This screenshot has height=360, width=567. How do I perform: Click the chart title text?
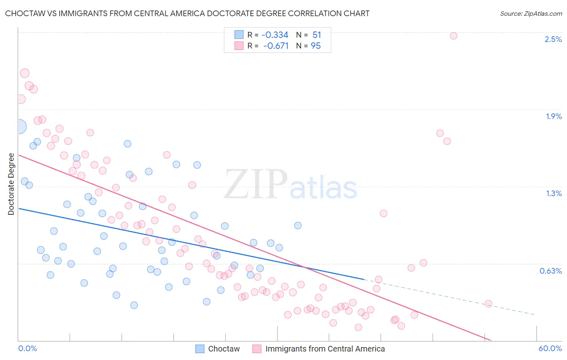tap(187, 13)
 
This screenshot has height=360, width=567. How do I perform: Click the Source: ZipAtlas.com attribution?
tap(531, 13)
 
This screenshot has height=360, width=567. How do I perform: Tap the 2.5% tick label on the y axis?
tap(553, 39)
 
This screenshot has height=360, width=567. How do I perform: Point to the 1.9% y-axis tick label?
tap(554, 116)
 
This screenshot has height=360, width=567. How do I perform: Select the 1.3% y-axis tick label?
tap(554, 193)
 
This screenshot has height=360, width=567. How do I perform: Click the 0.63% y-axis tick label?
tap(550, 271)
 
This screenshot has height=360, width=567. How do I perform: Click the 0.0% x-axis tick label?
tap(27, 348)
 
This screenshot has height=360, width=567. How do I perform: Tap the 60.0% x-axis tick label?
tap(550, 348)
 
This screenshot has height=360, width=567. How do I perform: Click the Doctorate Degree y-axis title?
tap(11, 184)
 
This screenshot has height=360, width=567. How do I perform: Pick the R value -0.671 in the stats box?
tap(276, 46)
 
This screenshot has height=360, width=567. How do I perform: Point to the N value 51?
tap(317, 35)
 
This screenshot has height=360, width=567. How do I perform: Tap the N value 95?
tap(316, 46)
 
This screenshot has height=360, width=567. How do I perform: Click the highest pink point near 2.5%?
tap(453, 36)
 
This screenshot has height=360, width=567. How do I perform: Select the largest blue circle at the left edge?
tap(19, 127)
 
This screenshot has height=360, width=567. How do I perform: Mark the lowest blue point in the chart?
tap(134, 305)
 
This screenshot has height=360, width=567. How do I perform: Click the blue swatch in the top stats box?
tap(239, 35)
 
